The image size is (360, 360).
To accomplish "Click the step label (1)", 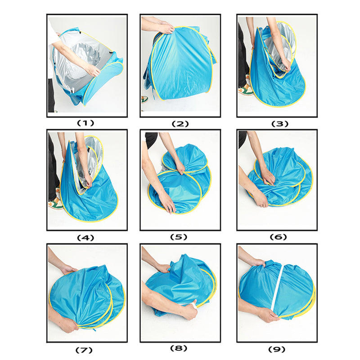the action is tap(85, 123).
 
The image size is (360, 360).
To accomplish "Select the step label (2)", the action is tap(180, 124).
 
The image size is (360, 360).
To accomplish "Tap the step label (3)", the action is tap(279, 124).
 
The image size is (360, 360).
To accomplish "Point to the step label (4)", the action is tap(85, 238).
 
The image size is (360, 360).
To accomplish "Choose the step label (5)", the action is tap(179, 237).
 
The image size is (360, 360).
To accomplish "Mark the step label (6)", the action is tap(278, 237).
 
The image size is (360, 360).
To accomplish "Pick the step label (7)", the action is tap(84, 351).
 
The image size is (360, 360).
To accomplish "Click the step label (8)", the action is tap(179, 348).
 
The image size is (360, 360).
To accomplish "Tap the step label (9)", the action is tap(277, 350).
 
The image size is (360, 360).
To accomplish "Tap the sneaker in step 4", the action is tap(56, 203).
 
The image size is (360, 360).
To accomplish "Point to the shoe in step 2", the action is tap(144, 99).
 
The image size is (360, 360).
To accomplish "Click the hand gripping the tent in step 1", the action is tap(93, 70).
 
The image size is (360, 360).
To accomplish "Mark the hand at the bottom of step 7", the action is tap(68, 325).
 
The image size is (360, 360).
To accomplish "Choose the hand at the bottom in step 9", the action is tap(269, 315).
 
